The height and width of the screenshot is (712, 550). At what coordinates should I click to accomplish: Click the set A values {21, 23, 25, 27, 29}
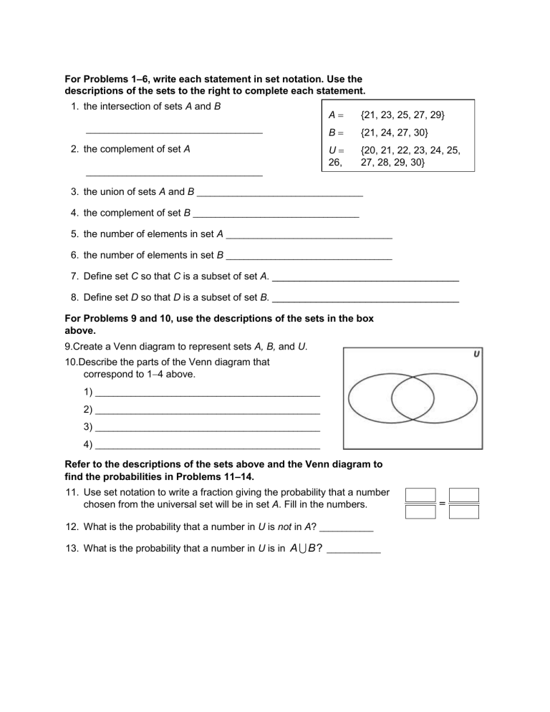point(405,115)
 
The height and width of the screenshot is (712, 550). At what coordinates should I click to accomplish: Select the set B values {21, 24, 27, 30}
point(395,133)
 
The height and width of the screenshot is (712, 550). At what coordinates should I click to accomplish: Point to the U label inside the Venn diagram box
point(476,354)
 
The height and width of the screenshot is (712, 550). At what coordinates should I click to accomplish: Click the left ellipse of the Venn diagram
point(368,400)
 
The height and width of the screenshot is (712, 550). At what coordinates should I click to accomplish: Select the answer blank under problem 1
point(174,133)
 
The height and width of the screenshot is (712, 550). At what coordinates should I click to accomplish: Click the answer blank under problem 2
point(174,174)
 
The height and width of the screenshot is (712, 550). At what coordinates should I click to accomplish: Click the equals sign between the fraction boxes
point(442,504)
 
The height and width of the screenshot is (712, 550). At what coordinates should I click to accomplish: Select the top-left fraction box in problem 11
point(420,495)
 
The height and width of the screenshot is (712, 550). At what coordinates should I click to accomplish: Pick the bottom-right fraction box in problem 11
point(465,511)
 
